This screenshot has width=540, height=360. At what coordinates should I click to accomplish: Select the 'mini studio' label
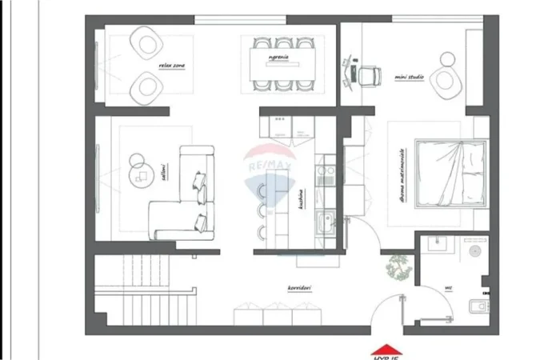pos(409,77)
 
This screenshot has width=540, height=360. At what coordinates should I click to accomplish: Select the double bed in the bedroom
pos(450,173)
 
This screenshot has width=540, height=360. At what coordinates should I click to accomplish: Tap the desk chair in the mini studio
pos(368,74)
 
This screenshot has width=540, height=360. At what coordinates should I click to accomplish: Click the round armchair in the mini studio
pos(445,75)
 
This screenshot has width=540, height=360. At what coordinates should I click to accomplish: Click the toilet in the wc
pos(478,304)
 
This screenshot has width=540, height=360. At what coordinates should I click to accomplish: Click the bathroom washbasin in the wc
pos(438,244)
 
